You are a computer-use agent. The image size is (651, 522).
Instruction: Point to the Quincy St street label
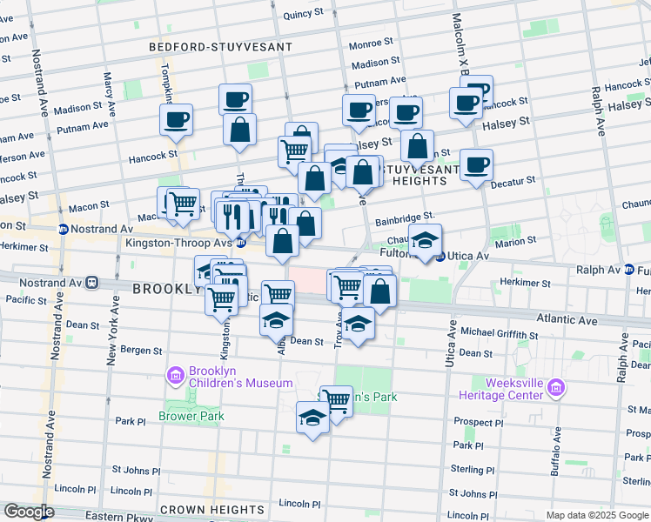[303, 15]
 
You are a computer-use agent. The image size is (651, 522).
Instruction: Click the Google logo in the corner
[30, 512]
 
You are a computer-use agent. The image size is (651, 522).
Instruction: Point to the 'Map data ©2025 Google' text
[595, 515]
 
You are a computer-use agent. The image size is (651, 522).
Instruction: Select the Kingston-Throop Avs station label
[178, 244]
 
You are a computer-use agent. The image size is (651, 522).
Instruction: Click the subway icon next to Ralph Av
[628, 271]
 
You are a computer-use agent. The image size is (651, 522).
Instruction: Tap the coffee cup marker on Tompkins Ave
[176, 119]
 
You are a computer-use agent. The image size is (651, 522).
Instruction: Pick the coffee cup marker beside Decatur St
[476, 164]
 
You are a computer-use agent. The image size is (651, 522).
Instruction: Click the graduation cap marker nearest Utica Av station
[425, 239]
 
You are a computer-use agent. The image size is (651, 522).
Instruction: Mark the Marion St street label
[516, 242]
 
